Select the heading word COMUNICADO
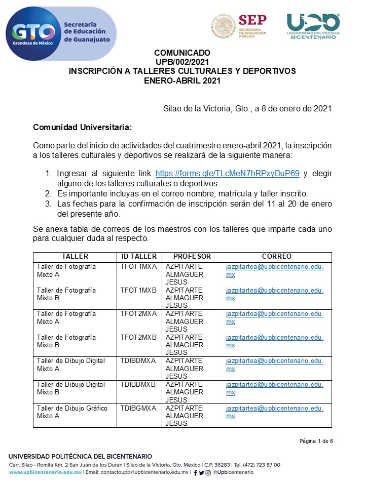tap(182, 53)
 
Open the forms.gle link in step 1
tap(227, 173)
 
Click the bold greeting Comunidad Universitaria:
tap(82, 127)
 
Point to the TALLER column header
tap(75, 257)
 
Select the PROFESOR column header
tap(192, 257)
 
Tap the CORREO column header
tap(276, 257)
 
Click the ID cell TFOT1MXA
tap(138, 267)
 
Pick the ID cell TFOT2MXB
tap(138, 337)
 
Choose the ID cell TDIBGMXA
tap(138, 408)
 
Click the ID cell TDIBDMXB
tap(138, 384)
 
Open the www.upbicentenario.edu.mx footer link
tap(45, 472)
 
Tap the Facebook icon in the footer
tap(195, 473)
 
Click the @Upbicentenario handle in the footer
tap(234, 472)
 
